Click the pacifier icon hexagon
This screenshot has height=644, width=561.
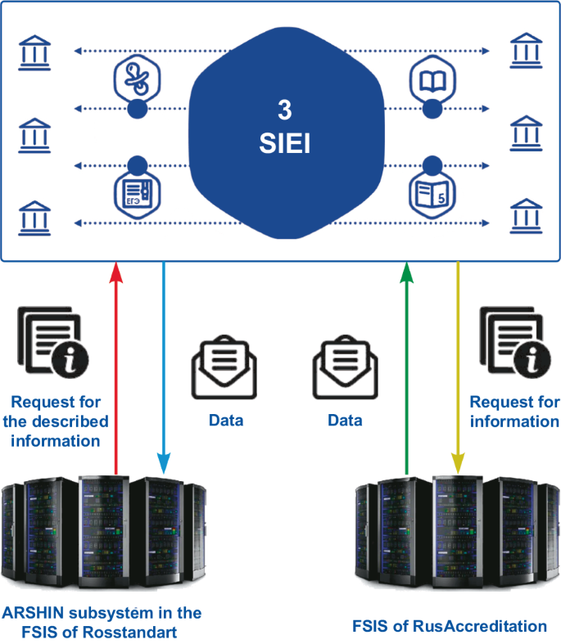[136, 80]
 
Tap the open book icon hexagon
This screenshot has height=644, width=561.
[431, 80]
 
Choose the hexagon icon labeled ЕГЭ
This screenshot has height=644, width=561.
[136, 193]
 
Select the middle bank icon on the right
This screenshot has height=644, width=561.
[526, 132]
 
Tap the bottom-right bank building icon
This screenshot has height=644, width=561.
[526, 216]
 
